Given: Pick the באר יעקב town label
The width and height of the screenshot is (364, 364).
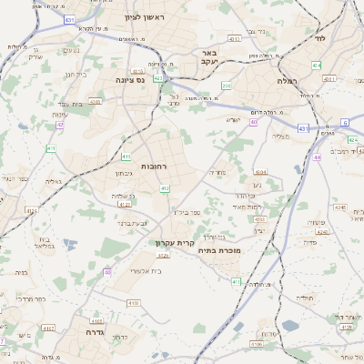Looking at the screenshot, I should pos(209,59).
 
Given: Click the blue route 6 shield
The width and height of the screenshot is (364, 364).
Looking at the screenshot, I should pos(345,122).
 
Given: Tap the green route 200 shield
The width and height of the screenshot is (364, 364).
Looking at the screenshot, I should pos(227,86).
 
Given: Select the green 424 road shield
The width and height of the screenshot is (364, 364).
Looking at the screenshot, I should pos(316,66).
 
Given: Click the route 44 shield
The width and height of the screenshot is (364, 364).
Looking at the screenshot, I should pos(317,157).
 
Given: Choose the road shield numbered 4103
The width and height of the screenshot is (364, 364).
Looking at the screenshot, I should pos(134,303).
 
